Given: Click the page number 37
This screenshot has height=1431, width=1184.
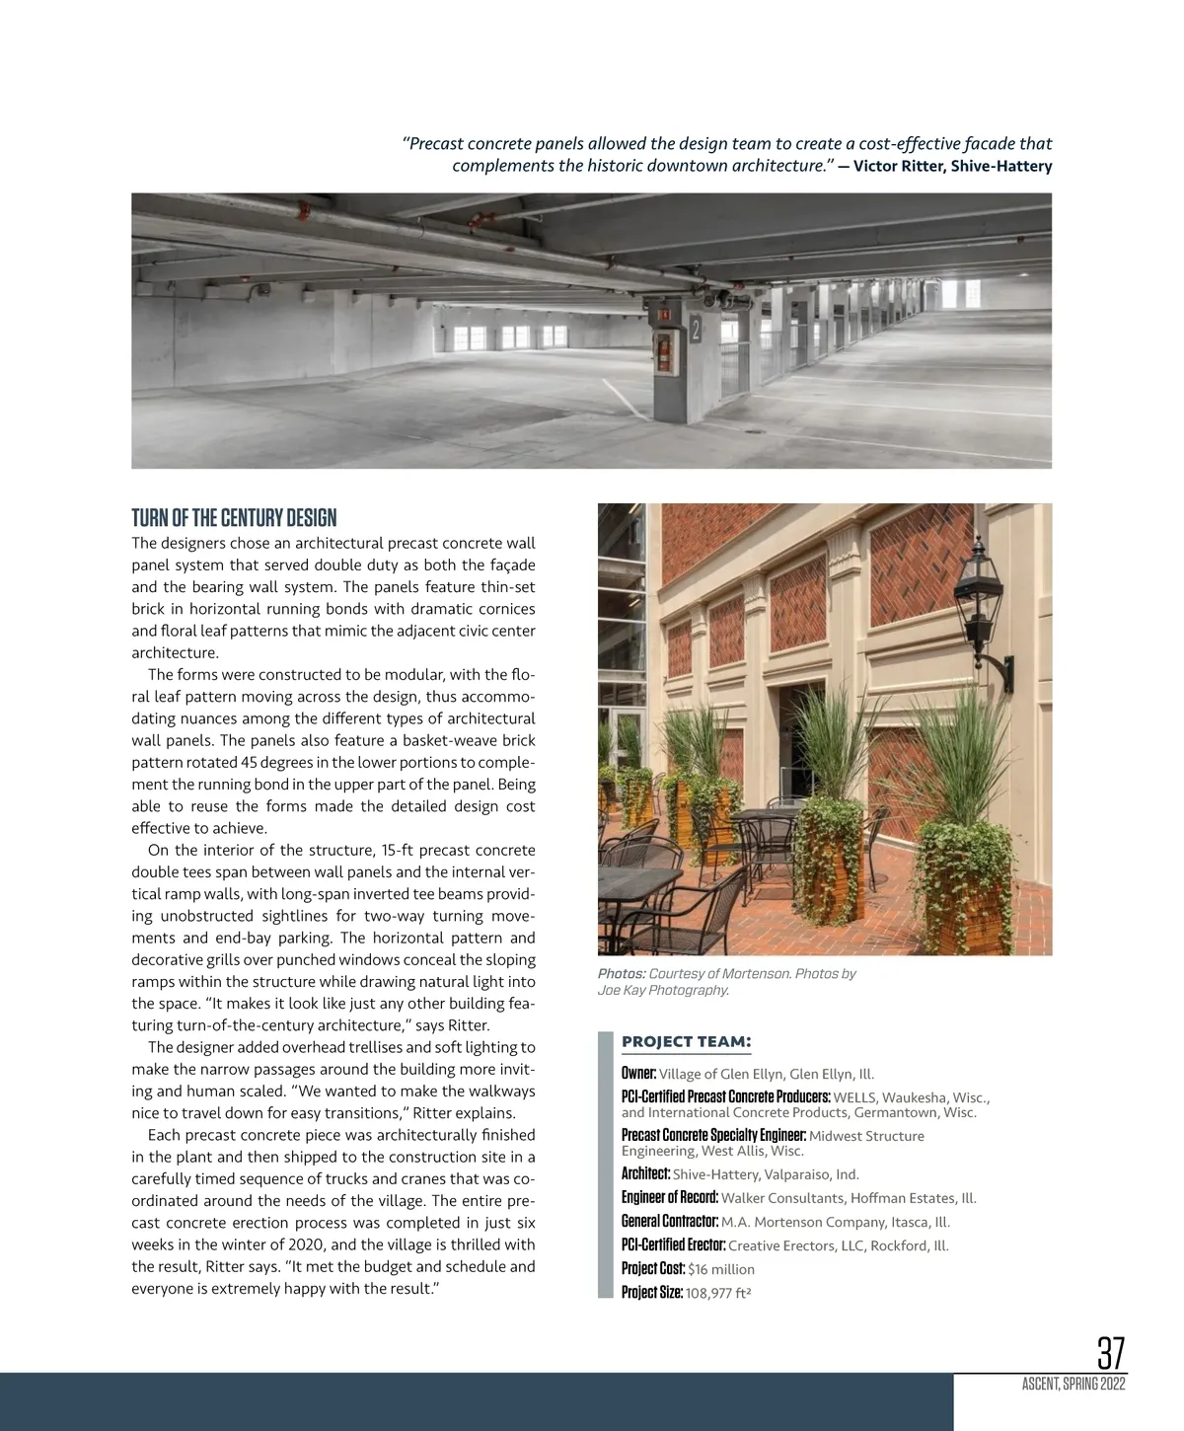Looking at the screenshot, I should pyautogui.click(x=1110, y=1352).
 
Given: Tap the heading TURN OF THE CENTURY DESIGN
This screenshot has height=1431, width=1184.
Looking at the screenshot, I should pyautogui.click(x=234, y=518).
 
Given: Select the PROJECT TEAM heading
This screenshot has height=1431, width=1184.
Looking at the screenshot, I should pyautogui.click(x=686, y=1042).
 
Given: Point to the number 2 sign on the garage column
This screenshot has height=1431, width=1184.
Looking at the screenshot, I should pyautogui.click(x=696, y=330).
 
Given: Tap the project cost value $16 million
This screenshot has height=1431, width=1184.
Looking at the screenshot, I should pyautogui.click(x=721, y=1269).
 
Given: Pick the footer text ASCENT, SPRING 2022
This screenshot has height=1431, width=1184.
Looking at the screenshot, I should pyautogui.click(x=1073, y=1385).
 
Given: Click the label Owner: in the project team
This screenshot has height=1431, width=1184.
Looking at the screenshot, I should pyautogui.click(x=638, y=1073).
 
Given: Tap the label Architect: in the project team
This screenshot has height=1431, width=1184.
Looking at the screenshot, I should pyautogui.click(x=645, y=1173).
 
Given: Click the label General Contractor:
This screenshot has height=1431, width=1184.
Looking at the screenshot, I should pyautogui.click(x=663, y=1221).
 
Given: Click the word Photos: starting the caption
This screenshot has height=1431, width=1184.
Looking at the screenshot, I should pyautogui.click(x=622, y=973).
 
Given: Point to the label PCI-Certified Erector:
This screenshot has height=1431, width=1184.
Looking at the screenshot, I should pyautogui.click(x=673, y=1244).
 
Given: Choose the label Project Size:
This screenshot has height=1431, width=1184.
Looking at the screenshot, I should pyautogui.click(x=651, y=1292).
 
